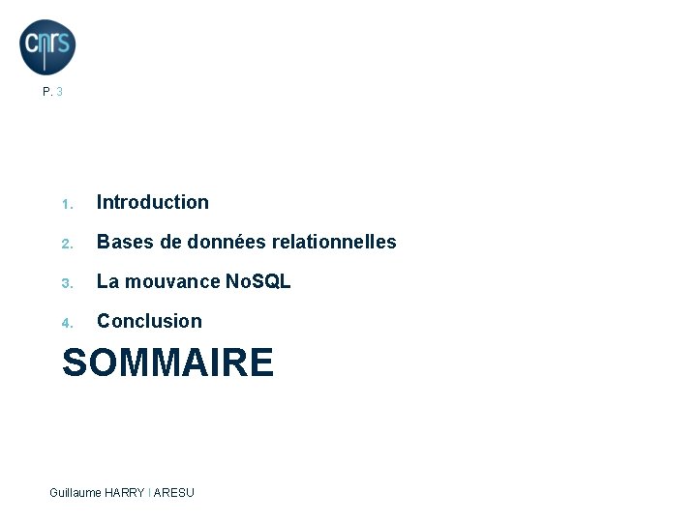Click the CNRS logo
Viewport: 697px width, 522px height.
point(47,46)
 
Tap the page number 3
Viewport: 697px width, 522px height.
point(60,93)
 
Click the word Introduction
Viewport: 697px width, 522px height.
point(153,202)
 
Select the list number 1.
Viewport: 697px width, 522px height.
point(66,204)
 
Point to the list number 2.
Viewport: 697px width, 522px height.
point(66,244)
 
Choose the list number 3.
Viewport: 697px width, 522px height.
point(66,283)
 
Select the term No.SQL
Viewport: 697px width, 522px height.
point(258,281)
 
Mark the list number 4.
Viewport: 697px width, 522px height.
point(66,323)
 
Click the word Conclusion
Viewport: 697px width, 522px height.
point(149,321)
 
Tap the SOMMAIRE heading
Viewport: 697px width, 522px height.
point(167,363)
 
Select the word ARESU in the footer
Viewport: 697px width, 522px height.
point(175,493)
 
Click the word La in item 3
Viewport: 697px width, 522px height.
point(107,281)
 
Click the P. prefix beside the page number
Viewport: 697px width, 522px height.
point(47,93)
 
